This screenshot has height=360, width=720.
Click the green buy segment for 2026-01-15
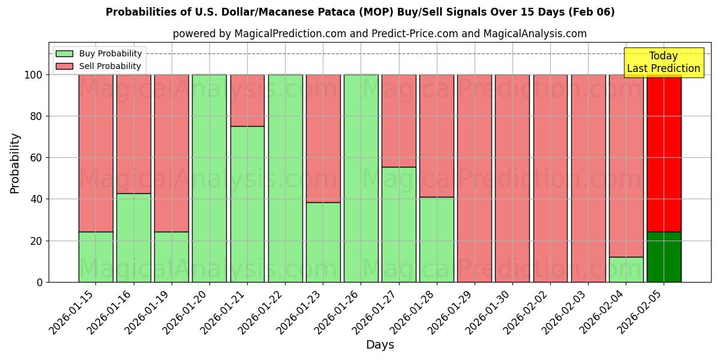click(95, 257)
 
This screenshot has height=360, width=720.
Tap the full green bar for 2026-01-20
click(209, 178)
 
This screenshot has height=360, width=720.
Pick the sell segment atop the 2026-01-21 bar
click(247, 100)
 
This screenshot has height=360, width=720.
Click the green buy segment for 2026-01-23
click(323, 242)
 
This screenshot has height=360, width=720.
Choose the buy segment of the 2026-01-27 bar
click(399, 224)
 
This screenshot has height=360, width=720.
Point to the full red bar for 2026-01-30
click(512, 178)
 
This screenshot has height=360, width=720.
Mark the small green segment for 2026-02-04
click(626, 269)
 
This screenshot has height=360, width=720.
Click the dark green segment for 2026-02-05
click(664, 257)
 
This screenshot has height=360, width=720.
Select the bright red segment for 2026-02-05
click(664, 153)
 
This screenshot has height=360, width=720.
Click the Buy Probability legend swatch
click(64, 53)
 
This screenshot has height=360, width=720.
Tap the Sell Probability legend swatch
click(64, 66)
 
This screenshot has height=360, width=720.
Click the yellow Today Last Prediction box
click(663, 62)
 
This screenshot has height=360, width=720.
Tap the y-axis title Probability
click(15, 163)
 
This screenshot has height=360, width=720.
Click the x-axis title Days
click(380, 345)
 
